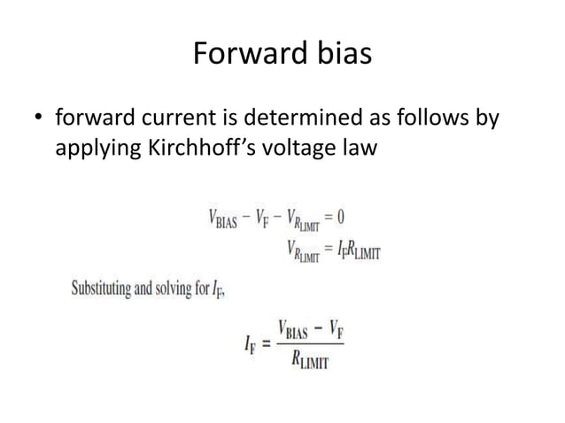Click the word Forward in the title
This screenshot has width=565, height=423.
[242, 55]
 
